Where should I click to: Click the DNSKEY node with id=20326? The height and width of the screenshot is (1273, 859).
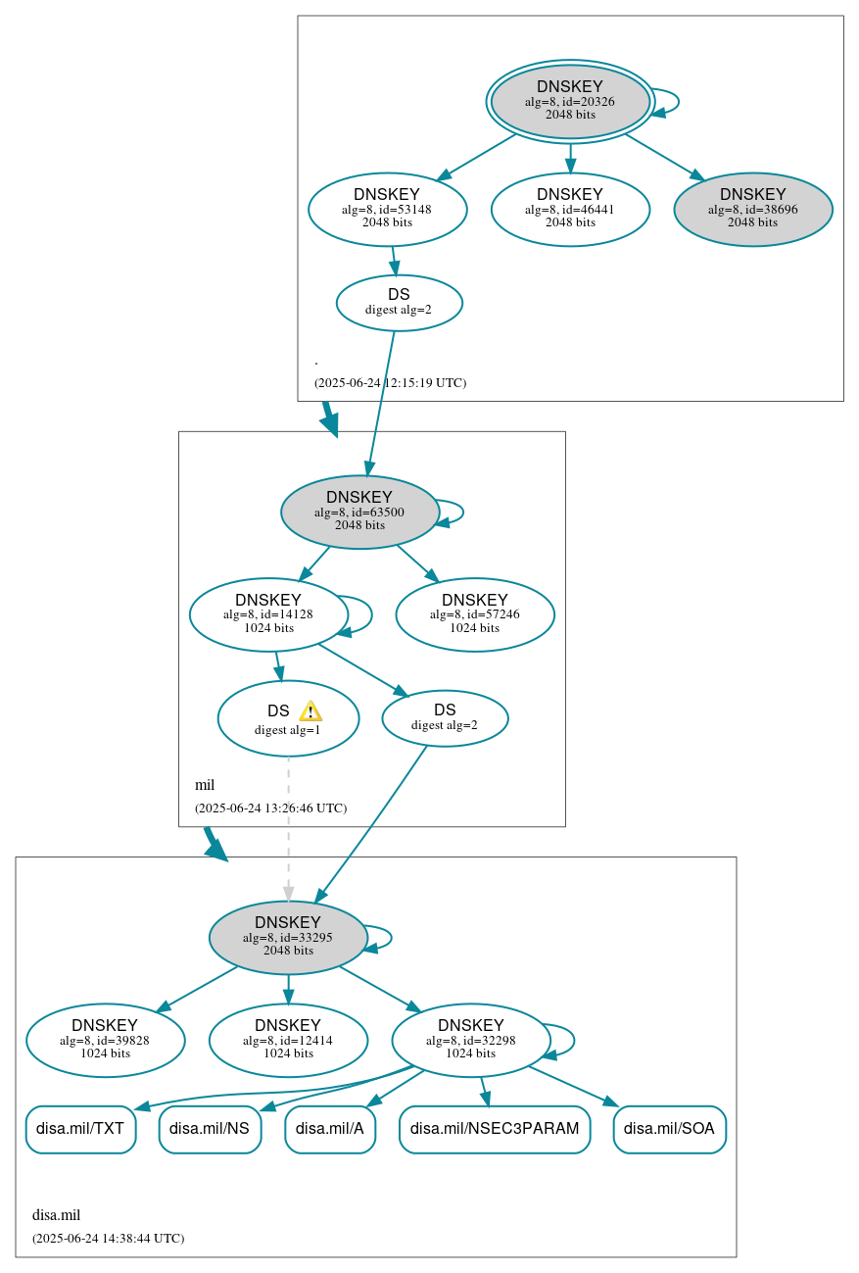(x=570, y=101)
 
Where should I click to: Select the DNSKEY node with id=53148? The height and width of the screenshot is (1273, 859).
(x=387, y=209)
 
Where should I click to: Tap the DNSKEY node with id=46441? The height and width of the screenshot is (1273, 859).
(x=570, y=209)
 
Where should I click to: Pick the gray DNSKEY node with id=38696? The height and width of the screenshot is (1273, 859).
(x=752, y=209)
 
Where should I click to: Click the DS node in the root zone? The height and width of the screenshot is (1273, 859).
(x=399, y=302)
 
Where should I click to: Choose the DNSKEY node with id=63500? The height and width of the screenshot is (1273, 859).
(x=359, y=512)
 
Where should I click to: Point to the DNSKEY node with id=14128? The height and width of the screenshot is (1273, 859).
(x=268, y=614)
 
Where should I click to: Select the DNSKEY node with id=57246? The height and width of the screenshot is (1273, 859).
(x=475, y=614)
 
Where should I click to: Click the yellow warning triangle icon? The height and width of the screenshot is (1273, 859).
(x=310, y=711)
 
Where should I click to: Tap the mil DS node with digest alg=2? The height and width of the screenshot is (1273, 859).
(x=445, y=717)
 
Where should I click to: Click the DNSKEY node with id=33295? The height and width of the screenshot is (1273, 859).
(x=288, y=937)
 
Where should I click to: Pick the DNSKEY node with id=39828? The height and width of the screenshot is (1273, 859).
(x=106, y=1040)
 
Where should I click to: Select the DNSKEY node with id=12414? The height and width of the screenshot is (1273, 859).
(x=288, y=1040)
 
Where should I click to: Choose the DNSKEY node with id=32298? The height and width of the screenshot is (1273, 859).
(x=471, y=1040)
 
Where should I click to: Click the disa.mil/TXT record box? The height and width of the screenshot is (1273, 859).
(x=80, y=1129)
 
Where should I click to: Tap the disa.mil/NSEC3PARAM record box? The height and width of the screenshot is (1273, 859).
(x=495, y=1129)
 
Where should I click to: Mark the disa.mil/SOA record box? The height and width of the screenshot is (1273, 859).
(x=669, y=1129)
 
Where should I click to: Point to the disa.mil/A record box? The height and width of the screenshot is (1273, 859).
(x=330, y=1129)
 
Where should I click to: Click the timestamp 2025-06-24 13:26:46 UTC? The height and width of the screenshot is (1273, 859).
(x=270, y=808)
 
